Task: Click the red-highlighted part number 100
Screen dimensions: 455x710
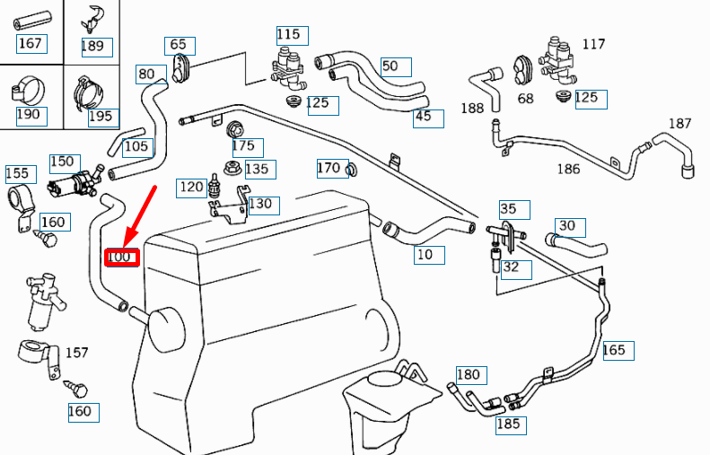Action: tap(120, 258)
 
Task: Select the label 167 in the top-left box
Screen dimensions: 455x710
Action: tap(30, 43)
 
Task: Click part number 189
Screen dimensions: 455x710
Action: tap(92, 46)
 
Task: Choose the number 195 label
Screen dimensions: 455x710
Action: tap(101, 116)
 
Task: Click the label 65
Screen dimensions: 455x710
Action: tap(178, 44)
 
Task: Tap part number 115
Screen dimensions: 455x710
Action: tap(288, 34)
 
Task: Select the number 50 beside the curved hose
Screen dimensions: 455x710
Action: tap(390, 66)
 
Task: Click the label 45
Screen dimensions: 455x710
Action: tap(424, 117)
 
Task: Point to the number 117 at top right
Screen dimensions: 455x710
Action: tap(593, 44)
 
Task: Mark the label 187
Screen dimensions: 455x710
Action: tap(679, 123)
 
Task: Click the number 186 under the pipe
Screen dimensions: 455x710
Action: tap(568, 168)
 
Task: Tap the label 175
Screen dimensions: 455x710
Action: tap(243, 145)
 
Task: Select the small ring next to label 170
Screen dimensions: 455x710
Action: tap(351, 170)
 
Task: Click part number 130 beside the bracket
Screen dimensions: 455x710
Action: tap(259, 204)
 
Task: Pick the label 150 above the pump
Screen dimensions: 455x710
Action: tap(62, 162)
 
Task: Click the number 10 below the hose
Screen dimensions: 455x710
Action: tap(425, 255)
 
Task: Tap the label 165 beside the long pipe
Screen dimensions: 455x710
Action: tap(614, 350)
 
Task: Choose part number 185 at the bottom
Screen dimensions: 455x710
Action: tap(508, 424)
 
